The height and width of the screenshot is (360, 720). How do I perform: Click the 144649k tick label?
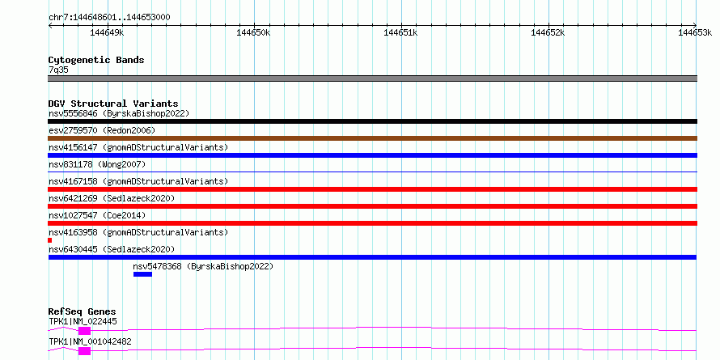coord(107,32)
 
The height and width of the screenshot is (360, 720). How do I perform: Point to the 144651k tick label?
coord(401,32)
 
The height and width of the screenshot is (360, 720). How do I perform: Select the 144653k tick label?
coord(695,32)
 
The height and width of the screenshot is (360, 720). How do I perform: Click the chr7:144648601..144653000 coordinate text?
coord(109,18)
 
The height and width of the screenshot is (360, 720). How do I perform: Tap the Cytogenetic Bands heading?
coord(96,60)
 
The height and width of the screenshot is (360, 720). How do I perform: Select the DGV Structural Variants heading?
coord(113,104)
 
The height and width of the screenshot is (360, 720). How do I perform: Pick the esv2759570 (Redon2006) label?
coord(102,130)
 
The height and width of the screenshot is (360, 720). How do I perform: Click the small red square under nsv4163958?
coord(49,240)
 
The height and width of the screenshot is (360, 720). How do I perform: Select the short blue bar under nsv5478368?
coord(142,274)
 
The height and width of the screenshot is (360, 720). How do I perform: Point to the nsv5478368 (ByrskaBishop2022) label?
coord(203,266)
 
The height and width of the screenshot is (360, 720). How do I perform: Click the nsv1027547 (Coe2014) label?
coord(97,215)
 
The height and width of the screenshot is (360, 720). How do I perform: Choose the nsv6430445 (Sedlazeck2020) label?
coord(112,249)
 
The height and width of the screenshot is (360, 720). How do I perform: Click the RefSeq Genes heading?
coord(83,312)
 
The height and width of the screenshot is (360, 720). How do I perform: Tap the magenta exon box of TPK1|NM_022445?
coord(84,331)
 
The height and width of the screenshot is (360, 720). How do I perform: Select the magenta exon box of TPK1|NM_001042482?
coord(84,351)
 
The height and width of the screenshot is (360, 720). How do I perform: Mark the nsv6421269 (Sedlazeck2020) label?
coord(112,198)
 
